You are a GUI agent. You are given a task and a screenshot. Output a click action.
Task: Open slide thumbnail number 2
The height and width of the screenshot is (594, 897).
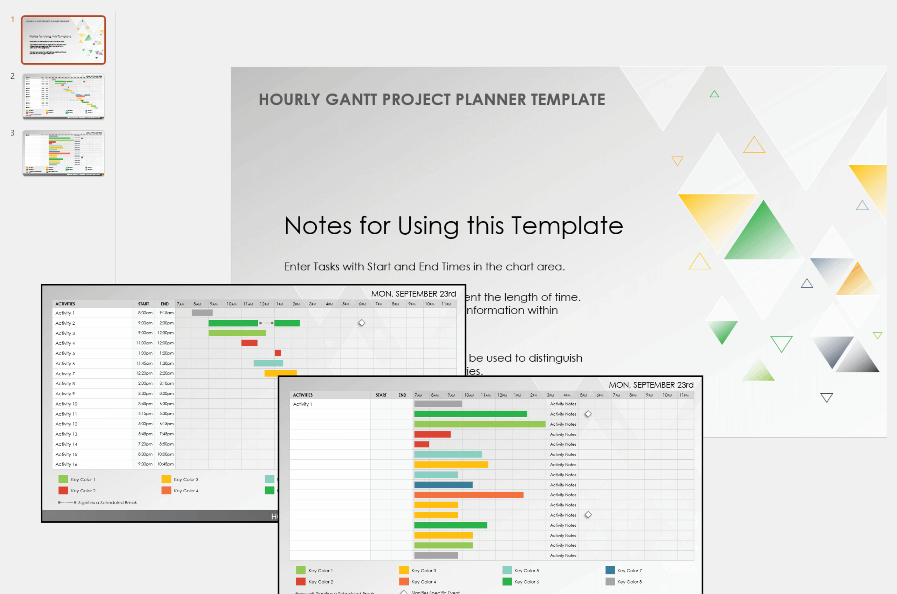pos(63,96)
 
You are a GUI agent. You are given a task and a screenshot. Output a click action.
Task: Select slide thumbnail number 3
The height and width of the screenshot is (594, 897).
pos(63,153)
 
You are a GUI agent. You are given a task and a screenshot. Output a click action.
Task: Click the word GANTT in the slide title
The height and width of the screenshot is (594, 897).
pos(350,100)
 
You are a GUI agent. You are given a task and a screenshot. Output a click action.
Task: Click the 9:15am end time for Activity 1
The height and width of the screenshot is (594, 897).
pos(166,313)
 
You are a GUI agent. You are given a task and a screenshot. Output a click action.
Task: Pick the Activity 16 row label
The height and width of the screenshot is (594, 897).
pos(66,464)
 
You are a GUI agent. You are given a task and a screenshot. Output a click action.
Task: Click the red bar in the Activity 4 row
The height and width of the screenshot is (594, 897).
pos(249,343)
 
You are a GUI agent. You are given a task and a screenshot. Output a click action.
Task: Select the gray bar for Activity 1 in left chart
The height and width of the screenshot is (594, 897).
pos(202,313)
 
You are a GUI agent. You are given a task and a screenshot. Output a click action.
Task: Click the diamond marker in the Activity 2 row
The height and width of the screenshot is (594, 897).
pos(362,323)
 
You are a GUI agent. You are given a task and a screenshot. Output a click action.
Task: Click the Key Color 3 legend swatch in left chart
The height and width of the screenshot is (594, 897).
pos(166,479)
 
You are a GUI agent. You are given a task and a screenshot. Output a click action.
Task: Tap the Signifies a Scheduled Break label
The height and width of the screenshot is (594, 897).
pos(108,503)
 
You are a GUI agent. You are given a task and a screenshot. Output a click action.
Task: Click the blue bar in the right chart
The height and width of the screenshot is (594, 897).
pos(443,485)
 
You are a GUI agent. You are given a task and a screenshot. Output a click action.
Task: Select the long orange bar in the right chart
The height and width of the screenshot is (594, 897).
pos(468,495)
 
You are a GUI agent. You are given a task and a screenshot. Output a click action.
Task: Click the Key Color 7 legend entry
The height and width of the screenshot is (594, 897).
pos(629,571)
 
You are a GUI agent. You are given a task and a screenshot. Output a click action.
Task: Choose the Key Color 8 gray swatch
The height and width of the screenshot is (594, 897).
pos(610,581)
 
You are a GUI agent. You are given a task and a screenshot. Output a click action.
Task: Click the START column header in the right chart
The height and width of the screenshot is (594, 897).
pos(381,395)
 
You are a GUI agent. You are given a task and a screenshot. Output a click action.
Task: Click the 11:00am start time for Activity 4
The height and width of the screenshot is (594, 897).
pos(144,343)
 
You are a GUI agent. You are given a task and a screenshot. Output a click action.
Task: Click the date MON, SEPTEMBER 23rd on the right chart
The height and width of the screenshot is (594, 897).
pos(651,385)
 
